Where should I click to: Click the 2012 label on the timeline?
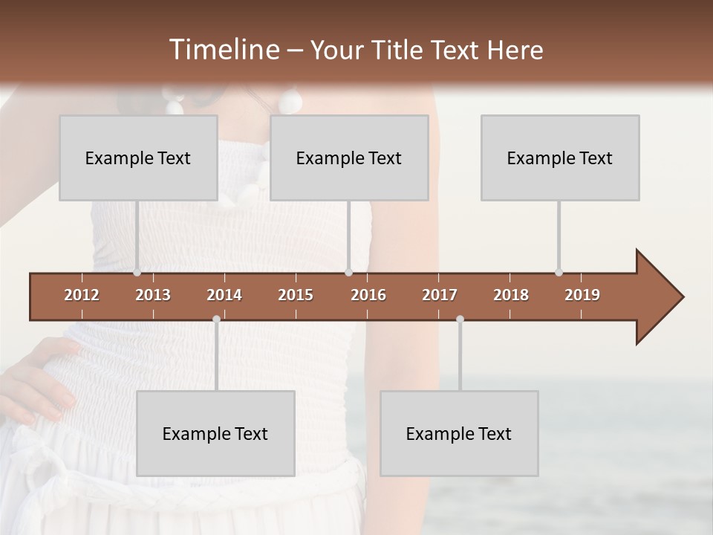coord(82,295)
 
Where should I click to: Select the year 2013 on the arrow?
coord(153,295)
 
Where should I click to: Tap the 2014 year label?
coord(224,295)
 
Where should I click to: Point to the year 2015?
coord(296,295)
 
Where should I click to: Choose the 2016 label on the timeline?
coord(368,295)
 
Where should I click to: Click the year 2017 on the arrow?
coord(440,295)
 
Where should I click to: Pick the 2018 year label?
coord(511,295)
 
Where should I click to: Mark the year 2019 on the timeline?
coord(582,295)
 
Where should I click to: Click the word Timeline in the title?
coord(223,50)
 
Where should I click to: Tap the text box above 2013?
coord(138,158)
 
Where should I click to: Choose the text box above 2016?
coord(349,158)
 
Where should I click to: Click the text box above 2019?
coord(560,158)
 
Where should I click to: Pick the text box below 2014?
coord(215,433)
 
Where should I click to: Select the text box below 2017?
coord(459,433)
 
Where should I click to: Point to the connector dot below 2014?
coord(216,319)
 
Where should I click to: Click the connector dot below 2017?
coord(460,319)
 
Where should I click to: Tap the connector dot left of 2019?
coord(559,272)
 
